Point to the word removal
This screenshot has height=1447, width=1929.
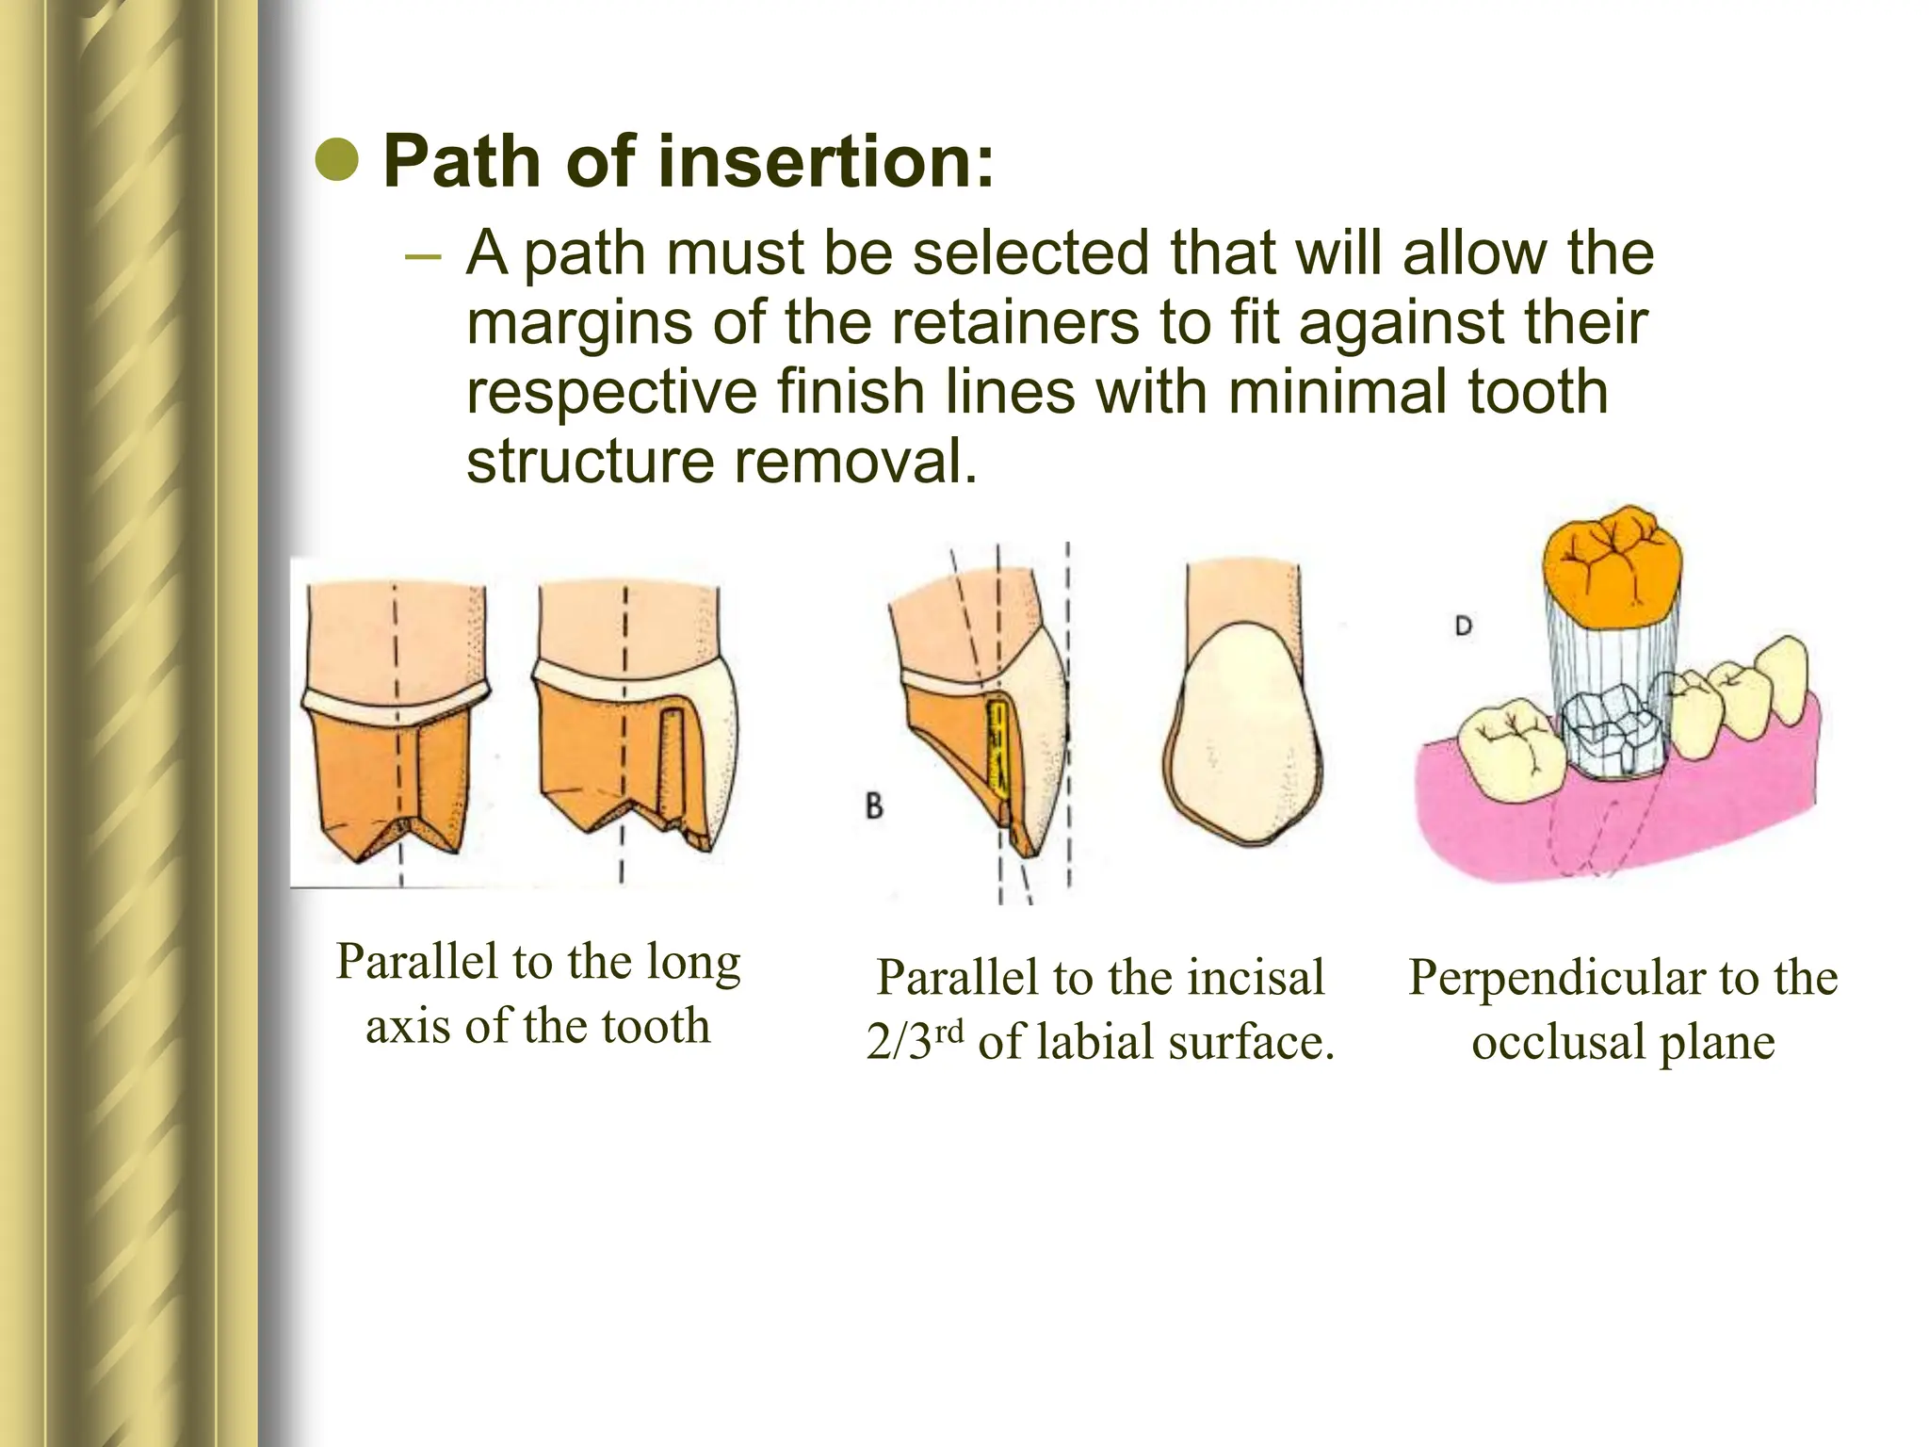point(855,462)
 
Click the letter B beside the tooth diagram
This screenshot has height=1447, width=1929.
point(874,807)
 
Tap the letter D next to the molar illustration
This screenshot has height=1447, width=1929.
point(1463,626)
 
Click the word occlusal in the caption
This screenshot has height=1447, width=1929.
point(1558,1043)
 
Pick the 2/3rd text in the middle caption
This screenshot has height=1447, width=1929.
point(915,1043)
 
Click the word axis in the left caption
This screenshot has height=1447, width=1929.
point(406,1025)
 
